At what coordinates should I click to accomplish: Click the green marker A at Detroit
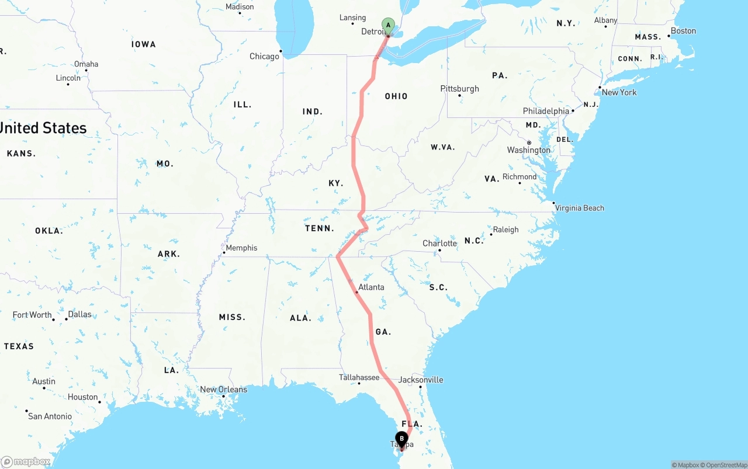tap(388, 26)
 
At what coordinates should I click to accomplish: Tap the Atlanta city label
tap(372, 287)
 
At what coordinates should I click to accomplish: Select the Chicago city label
tap(264, 57)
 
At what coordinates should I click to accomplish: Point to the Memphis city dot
tap(224, 252)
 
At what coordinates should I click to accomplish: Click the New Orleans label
tap(224, 390)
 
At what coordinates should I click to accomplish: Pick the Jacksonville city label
tap(421, 380)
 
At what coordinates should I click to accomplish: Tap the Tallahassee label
tap(359, 377)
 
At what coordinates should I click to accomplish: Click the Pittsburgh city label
tap(459, 89)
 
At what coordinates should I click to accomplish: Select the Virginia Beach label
tap(580, 208)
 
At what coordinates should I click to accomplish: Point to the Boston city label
tap(683, 31)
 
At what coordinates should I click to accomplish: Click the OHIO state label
tap(396, 96)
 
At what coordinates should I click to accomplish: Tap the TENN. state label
tap(320, 228)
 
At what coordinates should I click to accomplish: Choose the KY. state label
tap(335, 183)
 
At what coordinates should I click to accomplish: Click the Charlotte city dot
tap(439, 251)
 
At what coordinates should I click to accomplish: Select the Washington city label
tap(529, 150)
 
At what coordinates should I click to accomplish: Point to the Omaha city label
tap(86, 64)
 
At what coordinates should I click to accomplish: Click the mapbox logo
tap(26, 462)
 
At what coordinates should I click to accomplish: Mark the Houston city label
tap(82, 397)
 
